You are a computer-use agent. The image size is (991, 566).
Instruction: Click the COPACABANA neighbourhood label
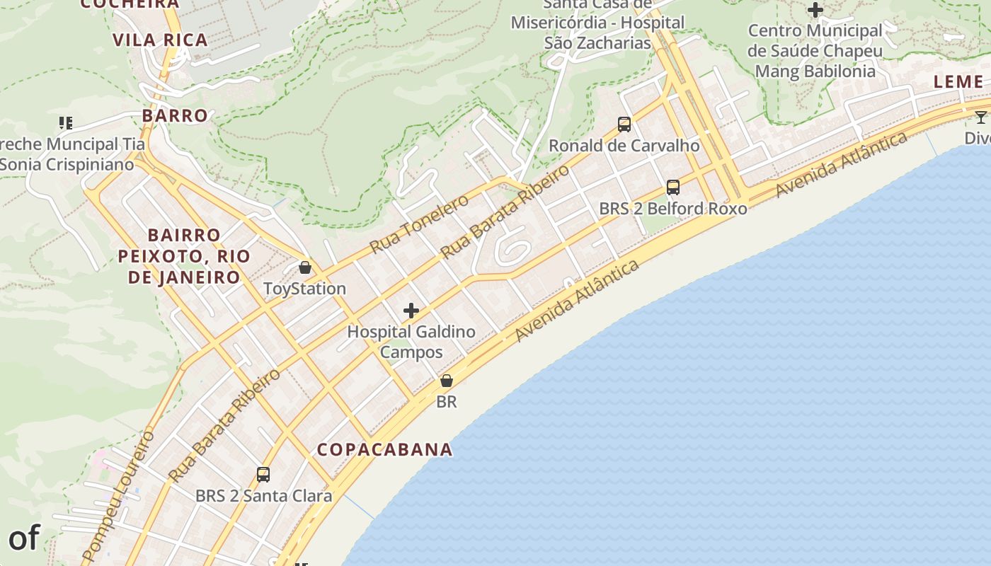coord(384,449)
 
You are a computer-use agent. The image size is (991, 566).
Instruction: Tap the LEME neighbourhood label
coord(958,81)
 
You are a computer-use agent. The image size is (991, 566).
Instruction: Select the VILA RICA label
coord(161,40)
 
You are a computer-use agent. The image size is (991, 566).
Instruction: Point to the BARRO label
coord(175,115)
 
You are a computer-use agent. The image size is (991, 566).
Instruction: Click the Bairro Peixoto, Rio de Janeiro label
coord(184,255)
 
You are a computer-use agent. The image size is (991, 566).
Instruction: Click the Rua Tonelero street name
coord(419,224)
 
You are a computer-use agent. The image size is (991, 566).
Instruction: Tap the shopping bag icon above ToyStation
coord(304,267)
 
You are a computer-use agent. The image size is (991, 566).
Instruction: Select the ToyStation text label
coord(304,289)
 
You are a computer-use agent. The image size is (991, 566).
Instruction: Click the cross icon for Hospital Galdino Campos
coord(411,311)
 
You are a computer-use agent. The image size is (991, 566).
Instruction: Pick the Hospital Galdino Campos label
coord(411,342)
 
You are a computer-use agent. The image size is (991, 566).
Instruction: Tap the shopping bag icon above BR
coord(447,381)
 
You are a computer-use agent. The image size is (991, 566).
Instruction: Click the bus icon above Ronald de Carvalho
coord(624,125)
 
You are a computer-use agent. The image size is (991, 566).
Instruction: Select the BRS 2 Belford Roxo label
coord(672,209)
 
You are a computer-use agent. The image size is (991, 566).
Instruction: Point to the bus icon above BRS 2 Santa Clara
coord(263,475)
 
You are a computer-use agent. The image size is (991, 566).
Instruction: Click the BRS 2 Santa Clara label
coord(263,496)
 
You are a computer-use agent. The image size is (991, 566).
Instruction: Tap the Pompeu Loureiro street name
coord(118,495)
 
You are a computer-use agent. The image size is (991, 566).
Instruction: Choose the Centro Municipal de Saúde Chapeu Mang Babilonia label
coord(815,51)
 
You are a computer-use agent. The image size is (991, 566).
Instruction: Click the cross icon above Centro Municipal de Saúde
coord(815,10)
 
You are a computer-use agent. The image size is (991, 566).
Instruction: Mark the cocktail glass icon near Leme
coord(980,117)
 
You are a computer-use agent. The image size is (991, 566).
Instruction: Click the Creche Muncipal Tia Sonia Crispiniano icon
coord(66,123)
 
